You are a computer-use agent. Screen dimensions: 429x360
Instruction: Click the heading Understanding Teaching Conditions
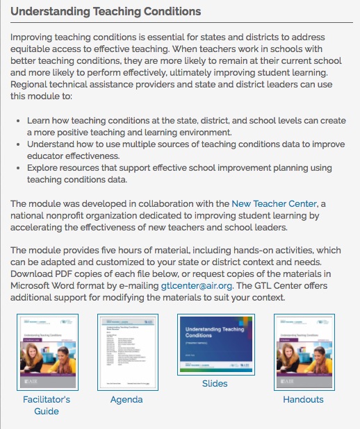point(106,12)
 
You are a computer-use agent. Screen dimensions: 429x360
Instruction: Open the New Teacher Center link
point(275,203)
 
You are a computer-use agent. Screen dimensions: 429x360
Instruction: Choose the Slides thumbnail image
point(215,345)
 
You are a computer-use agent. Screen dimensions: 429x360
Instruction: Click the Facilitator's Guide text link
point(47,405)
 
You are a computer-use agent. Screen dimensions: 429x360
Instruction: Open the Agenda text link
point(126,399)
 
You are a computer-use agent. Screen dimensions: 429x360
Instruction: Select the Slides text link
point(215,383)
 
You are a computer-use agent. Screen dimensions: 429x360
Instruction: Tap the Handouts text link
point(303,399)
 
